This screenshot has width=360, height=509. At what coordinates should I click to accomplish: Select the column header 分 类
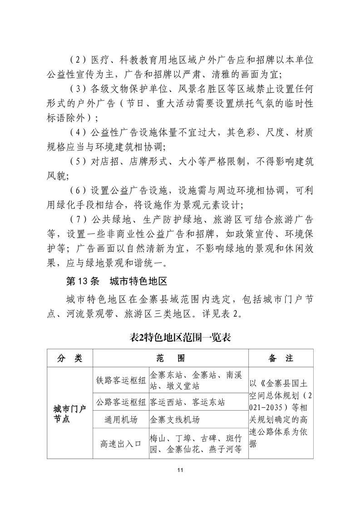click(x=70, y=358)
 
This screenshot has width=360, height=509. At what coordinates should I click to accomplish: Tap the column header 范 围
click(x=170, y=358)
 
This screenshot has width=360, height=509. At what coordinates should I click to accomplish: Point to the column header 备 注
click(x=281, y=358)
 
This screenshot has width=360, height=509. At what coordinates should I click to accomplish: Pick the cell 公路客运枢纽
click(x=120, y=402)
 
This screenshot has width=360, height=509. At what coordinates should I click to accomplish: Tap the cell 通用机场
click(x=120, y=420)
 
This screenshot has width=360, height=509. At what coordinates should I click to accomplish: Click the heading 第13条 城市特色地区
click(x=117, y=281)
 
